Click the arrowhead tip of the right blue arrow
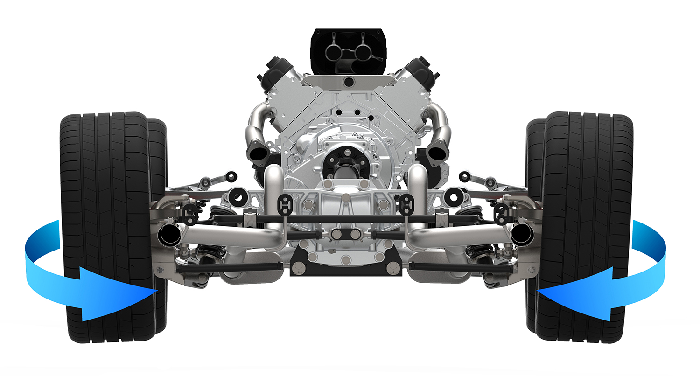tap(538, 290)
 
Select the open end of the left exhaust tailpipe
tap(169, 235)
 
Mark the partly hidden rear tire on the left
tap(159, 149)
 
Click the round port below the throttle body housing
tap(348, 83)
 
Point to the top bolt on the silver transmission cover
tap(345, 198)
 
